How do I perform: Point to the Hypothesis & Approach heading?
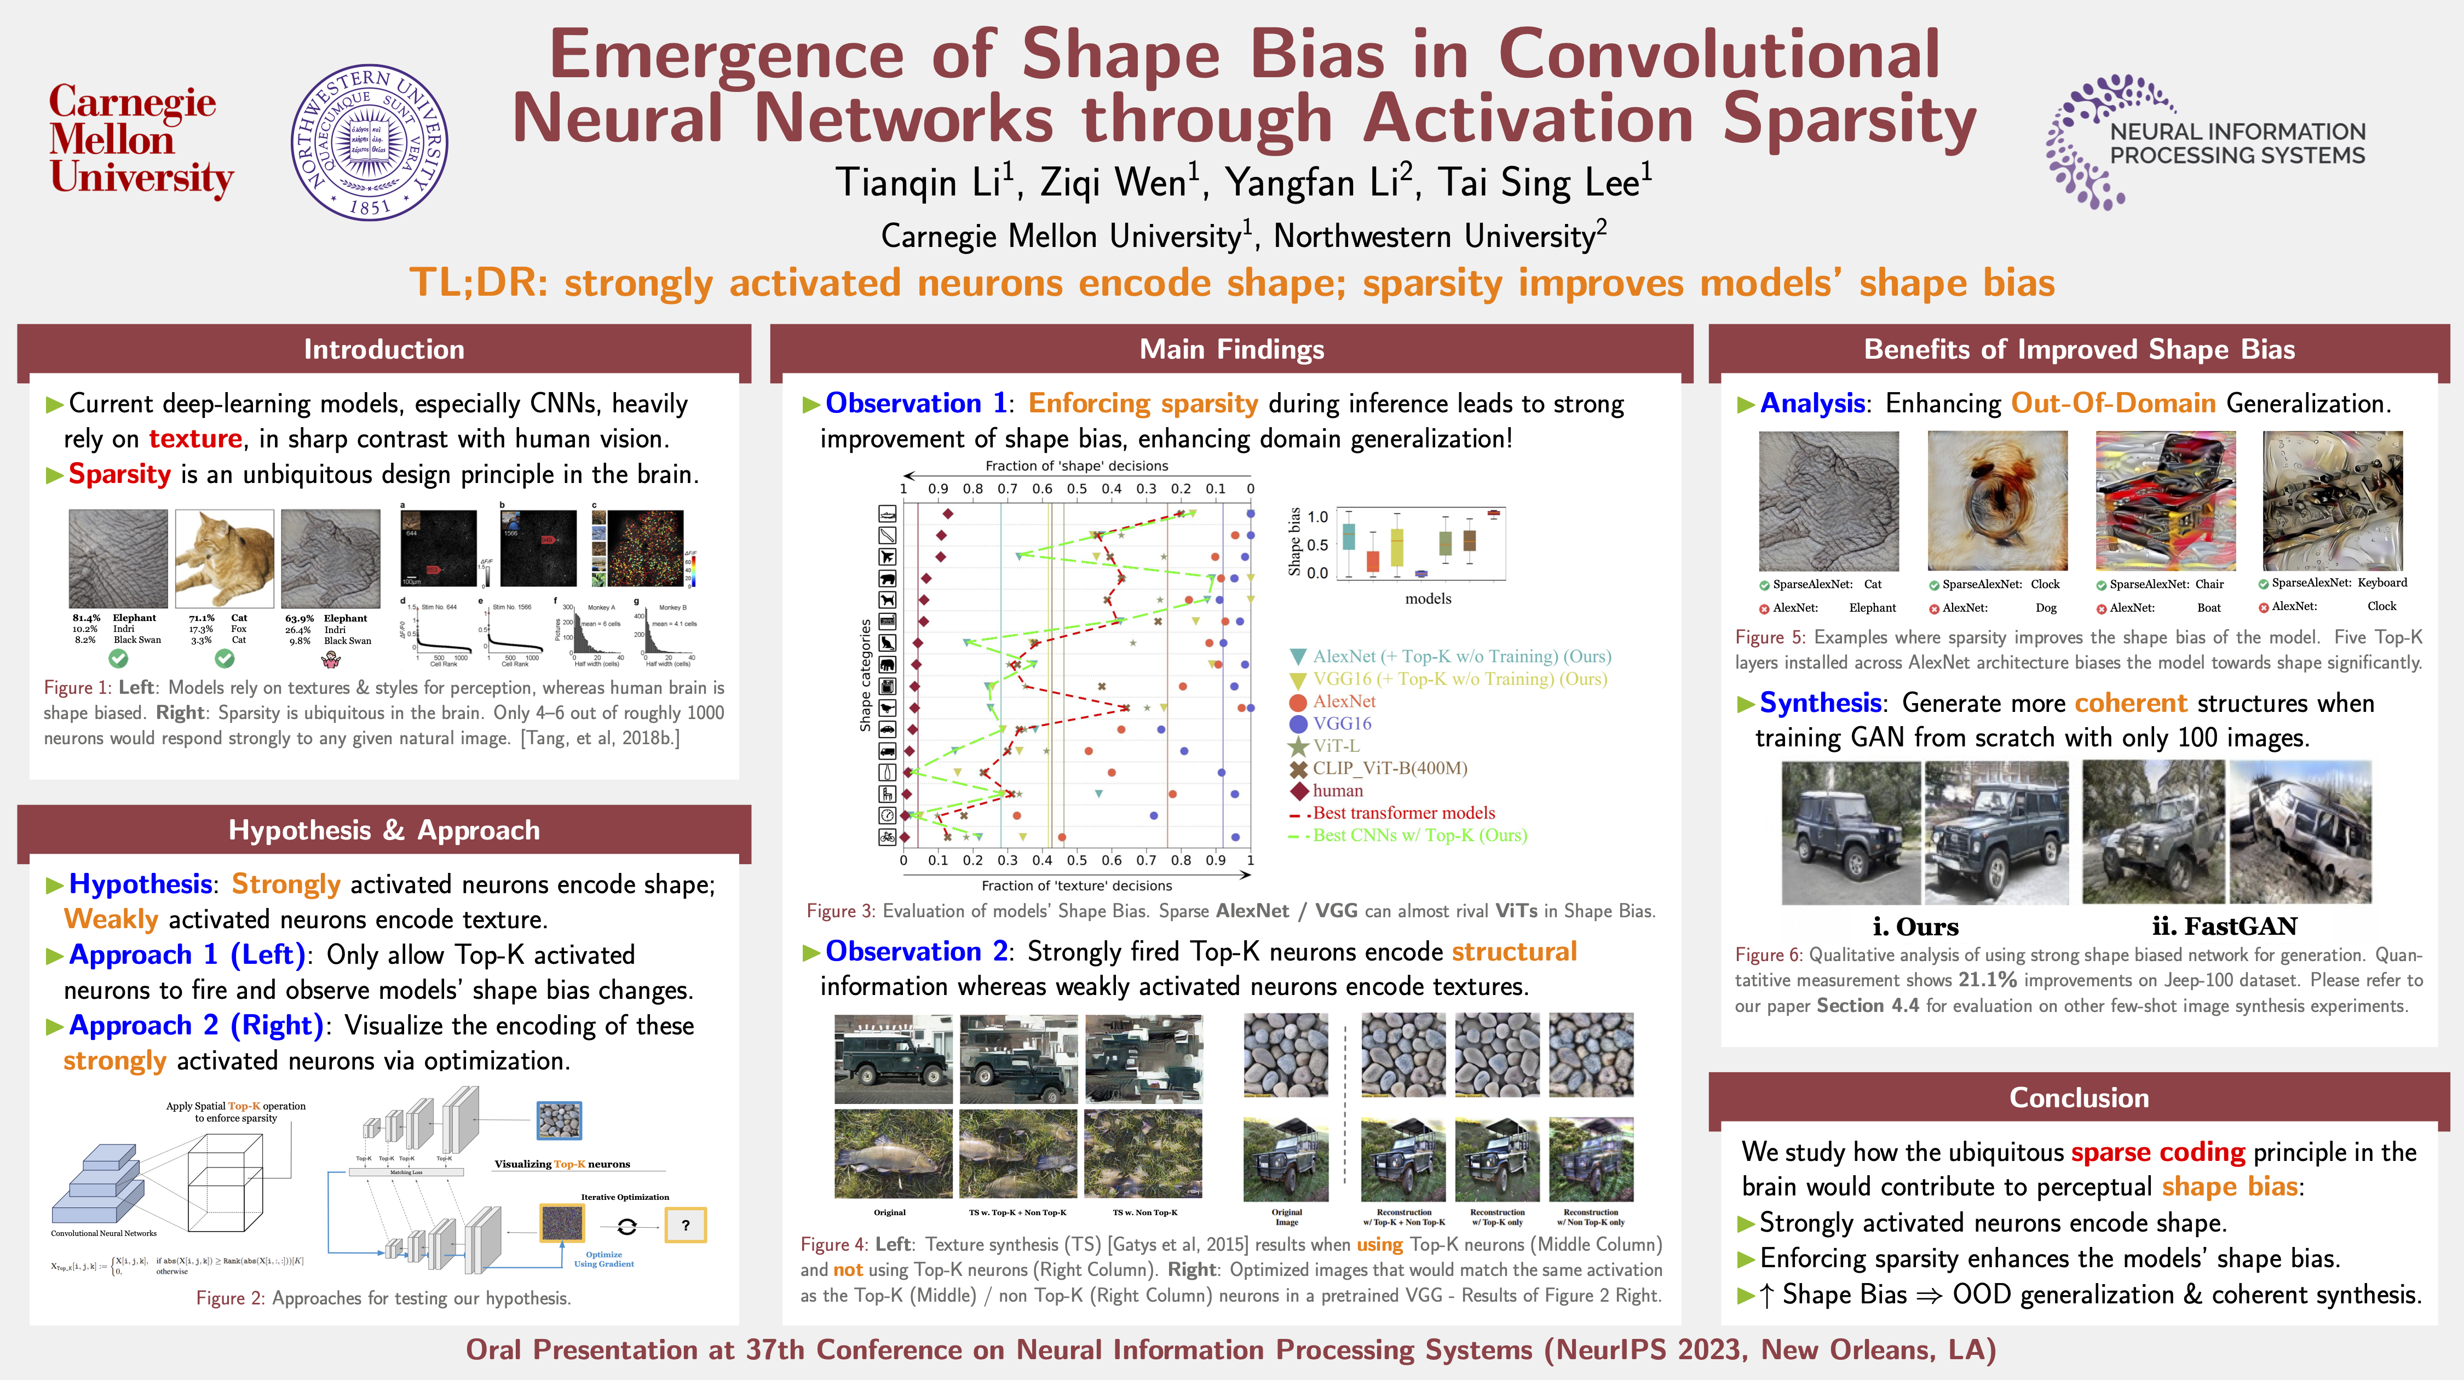tap(384, 830)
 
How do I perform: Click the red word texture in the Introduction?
tap(195, 439)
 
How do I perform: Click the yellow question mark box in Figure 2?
tap(685, 1225)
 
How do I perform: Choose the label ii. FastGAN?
tap(2224, 927)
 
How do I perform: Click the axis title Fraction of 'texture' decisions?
tap(1076, 886)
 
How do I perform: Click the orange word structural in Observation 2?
tap(1514, 952)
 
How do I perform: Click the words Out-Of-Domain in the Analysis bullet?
tap(2113, 404)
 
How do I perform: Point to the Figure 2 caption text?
tap(384, 1298)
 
